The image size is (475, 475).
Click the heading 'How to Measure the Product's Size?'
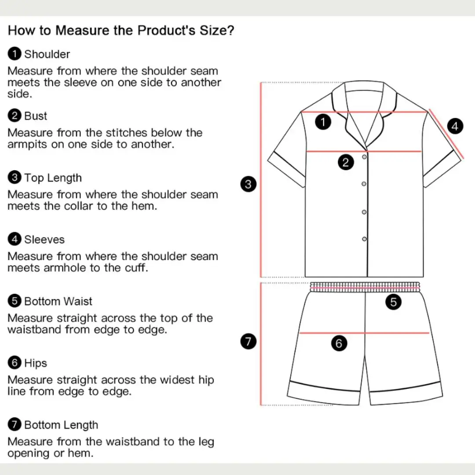tap(121, 30)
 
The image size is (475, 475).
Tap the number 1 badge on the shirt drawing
tap(323, 122)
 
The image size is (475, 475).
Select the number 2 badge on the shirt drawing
tap(346, 162)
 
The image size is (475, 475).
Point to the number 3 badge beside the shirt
tap(248, 184)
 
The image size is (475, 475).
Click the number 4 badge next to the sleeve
tap(455, 126)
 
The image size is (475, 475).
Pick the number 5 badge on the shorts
tap(394, 302)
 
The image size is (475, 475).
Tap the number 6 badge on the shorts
tap(339, 343)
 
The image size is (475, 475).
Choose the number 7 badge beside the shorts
tap(248, 341)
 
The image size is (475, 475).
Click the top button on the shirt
tap(364, 157)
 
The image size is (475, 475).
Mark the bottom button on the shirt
tap(364, 239)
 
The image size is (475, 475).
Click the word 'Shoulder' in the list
tap(47, 54)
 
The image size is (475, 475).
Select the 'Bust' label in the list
tap(36, 116)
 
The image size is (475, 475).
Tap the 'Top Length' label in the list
tap(53, 178)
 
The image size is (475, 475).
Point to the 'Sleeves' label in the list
tap(44, 240)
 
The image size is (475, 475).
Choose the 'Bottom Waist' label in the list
tap(58, 301)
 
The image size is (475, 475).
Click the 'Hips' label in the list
tap(36, 363)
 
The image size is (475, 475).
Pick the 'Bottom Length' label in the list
tap(61, 425)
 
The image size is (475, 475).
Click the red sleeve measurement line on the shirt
tap(446, 134)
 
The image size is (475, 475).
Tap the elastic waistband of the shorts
tap(365, 287)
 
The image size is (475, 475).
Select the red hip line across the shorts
tap(364, 333)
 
